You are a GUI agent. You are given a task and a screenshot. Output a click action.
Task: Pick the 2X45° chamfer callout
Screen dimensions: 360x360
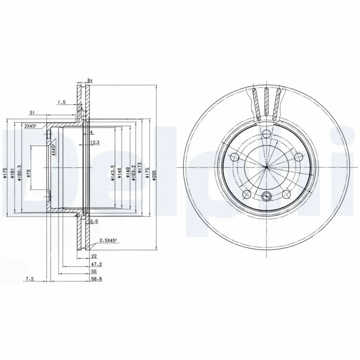coord(30,126)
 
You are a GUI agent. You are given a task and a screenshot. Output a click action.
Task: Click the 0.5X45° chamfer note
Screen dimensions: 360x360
coord(108,241)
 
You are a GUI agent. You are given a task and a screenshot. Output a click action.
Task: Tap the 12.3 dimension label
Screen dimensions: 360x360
coord(94,142)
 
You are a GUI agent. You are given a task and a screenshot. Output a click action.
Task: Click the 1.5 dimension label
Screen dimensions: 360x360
coord(61,103)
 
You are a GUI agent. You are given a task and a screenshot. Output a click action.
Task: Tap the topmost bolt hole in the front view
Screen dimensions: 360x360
coord(266,133)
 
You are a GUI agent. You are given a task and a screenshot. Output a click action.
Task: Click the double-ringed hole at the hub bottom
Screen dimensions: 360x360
coord(266,196)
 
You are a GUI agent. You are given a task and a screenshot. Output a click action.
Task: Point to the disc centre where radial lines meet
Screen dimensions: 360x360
coord(266,167)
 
